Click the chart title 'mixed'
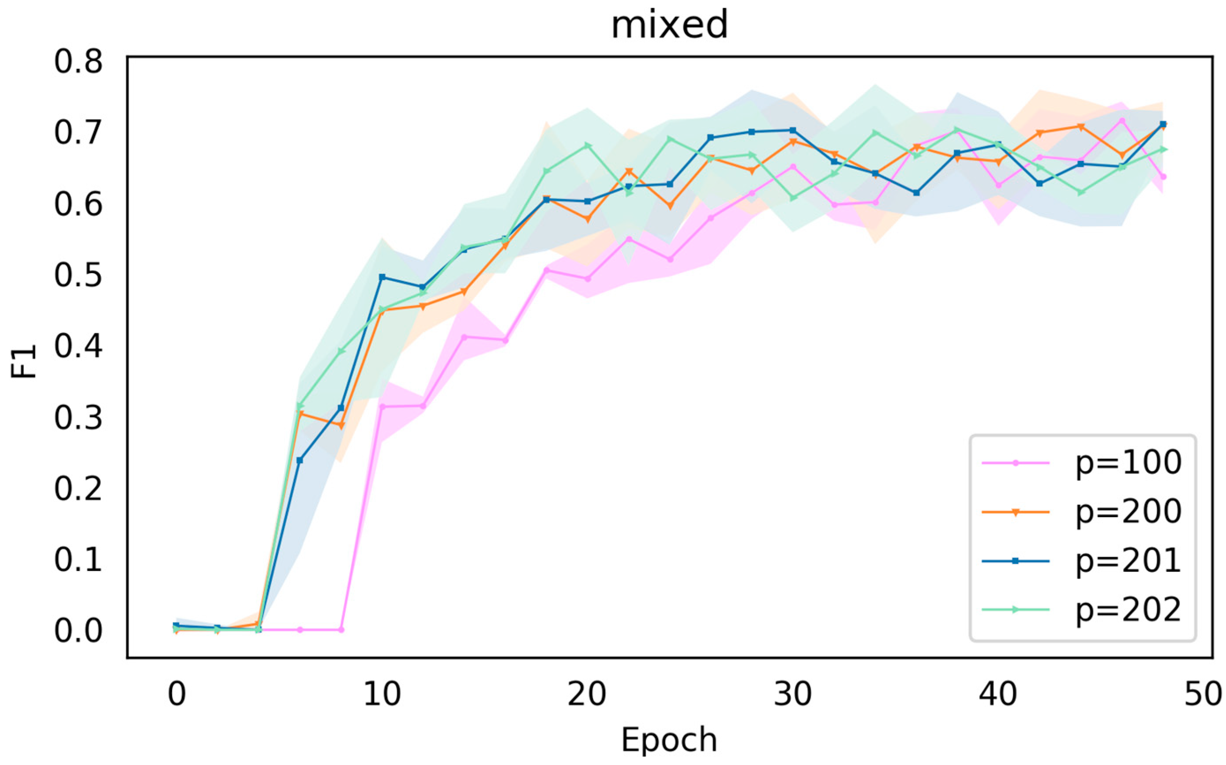point(669,25)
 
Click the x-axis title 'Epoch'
point(669,740)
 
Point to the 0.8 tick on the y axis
point(79,62)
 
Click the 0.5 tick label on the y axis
point(79,276)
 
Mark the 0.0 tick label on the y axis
point(79,631)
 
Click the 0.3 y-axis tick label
point(79,418)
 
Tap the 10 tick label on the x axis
point(382,694)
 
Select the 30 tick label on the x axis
point(792,694)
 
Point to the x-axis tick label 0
point(176,694)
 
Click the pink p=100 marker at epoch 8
point(341,630)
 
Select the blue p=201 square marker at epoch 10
point(382,277)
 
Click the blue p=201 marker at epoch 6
point(300,460)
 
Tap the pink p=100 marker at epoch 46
point(1122,120)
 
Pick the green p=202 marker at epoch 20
point(587,146)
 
